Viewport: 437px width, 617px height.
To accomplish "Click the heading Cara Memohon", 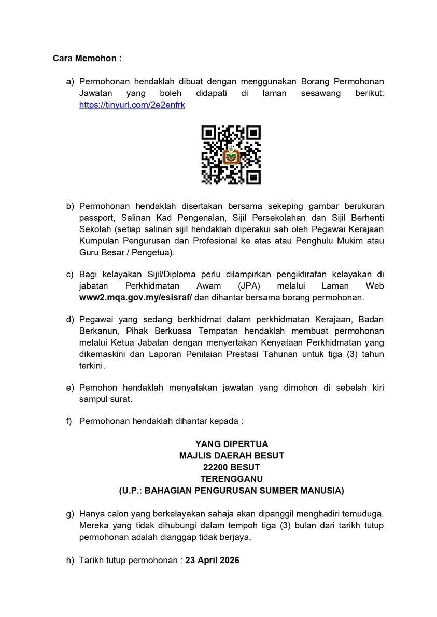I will coord(87,58).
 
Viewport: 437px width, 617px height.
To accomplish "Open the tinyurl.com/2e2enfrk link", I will coord(132,105).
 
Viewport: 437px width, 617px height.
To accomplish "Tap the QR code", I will coord(231,155).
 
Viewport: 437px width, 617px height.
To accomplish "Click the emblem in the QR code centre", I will coord(231,156).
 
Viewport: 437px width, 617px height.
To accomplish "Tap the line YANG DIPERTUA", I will coord(231,444).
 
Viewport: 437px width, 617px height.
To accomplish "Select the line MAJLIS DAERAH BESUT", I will coord(231,455).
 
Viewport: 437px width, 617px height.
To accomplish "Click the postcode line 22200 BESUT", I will coord(231,467).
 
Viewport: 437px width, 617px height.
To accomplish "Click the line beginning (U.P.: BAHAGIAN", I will coord(231,490).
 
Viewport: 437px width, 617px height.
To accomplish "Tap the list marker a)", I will coord(69,82).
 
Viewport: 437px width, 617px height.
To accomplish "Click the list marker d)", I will coord(69,320).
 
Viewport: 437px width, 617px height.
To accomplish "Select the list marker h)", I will coord(69,561).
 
